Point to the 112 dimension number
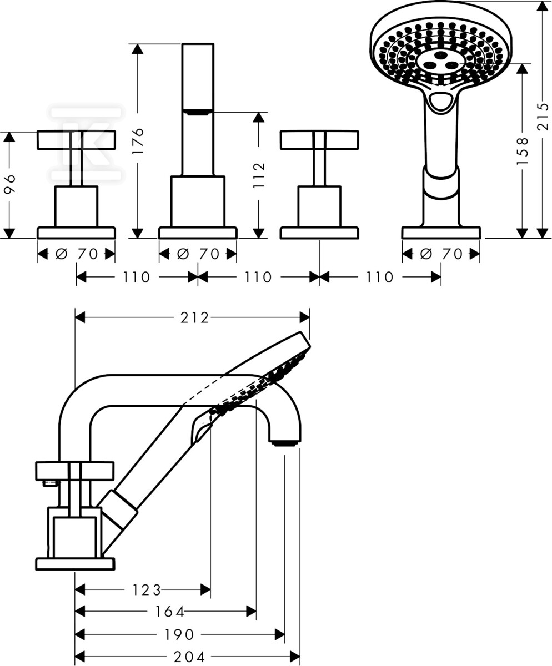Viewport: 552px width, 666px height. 259,175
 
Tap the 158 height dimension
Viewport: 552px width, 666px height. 522,150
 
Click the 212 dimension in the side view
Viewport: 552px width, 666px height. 194,317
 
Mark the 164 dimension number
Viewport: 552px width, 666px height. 169,612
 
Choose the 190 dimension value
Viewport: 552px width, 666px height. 179,634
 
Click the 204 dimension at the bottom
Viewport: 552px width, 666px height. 189,657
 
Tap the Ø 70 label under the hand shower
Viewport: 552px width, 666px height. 441,254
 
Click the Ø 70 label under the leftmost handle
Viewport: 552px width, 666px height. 77,254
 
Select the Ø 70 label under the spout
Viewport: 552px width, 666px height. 198,254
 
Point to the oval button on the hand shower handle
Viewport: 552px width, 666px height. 442,102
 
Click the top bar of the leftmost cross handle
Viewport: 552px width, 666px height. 77,140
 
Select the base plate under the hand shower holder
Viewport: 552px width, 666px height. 441,233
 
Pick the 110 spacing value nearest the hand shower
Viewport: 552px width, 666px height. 380,277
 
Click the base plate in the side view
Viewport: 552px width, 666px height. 75,564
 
